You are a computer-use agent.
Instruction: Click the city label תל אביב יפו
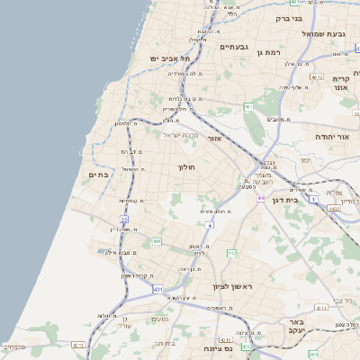(x=165, y=58)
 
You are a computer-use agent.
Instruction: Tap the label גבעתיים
(x=234, y=47)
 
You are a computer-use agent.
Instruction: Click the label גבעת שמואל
(x=323, y=33)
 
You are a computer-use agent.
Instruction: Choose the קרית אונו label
(x=341, y=83)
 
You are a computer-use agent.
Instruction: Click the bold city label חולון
(x=187, y=167)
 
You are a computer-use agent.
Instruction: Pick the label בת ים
(x=99, y=175)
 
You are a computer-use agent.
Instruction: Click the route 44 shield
(x=259, y=197)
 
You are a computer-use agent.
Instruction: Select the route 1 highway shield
(x=314, y=199)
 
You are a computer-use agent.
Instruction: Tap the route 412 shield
(x=230, y=254)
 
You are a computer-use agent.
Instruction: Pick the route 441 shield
(x=157, y=241)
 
